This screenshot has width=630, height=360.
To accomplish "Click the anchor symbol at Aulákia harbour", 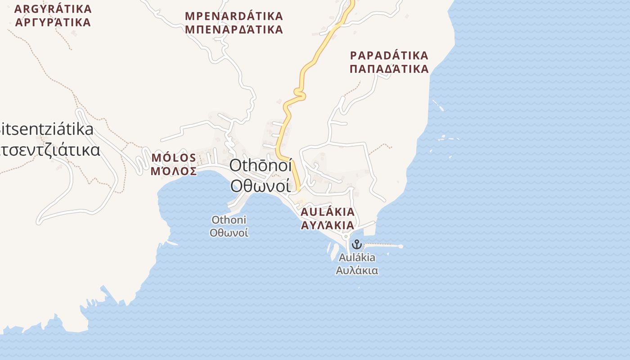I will (356, 244).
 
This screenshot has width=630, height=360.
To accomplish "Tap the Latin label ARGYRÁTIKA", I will (53, 9).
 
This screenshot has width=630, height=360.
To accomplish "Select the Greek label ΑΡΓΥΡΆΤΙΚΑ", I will (53, 22).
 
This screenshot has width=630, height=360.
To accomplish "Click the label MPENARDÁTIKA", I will (234, 16).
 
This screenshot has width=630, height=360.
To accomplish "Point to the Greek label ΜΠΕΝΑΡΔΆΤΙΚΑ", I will (234, 30).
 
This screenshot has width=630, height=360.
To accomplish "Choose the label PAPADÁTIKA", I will (389, 56).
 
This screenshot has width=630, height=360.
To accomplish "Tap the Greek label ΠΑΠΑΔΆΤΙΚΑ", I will (389, 69).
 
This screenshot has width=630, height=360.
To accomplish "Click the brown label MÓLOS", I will (174, 158).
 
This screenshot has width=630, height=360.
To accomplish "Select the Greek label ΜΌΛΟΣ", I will (174, 171).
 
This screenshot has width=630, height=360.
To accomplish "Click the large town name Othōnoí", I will (261, 165).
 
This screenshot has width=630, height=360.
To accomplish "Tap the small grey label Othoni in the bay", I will (229, 220).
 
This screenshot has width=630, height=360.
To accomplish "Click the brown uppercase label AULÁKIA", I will (328, 212).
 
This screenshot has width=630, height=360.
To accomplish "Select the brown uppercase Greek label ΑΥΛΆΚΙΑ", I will (328, 225).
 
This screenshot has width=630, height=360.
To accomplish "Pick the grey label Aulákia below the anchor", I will (357, 258).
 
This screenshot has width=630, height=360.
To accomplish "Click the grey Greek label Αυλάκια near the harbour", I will (357, 270).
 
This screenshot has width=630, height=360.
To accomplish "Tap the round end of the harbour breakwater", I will (400, 246).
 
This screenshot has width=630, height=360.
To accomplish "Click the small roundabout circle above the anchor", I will (346, 236).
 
